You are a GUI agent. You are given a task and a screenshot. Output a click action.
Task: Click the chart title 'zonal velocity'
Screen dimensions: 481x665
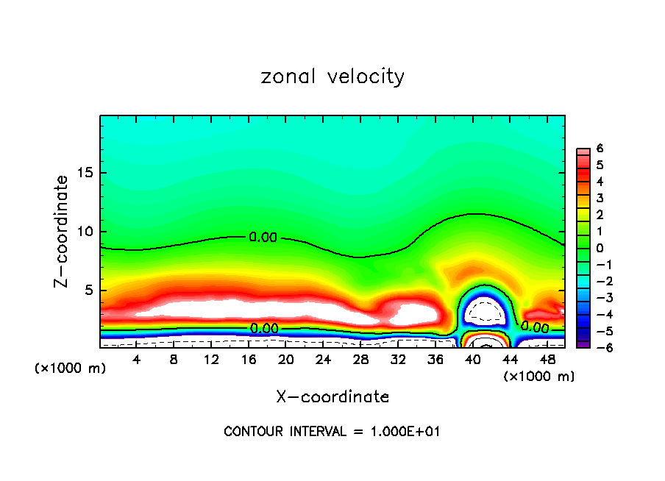coord(332,76)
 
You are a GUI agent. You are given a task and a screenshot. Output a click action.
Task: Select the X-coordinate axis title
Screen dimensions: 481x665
coord(332,397)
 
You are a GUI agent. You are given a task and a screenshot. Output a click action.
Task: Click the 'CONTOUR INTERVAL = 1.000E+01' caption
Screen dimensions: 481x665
coord(332,432)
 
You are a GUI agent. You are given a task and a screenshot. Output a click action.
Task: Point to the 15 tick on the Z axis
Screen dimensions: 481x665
coord(86,174)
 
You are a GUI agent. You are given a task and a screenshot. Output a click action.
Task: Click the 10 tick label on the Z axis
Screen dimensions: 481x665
coord(86,232)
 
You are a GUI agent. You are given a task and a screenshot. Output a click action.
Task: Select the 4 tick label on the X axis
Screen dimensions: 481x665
coord(137,360)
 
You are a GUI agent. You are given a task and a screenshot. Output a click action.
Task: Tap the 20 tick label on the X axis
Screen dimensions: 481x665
coord(286,360)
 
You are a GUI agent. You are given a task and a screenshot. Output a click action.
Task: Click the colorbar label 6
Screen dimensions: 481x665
coord(600,149)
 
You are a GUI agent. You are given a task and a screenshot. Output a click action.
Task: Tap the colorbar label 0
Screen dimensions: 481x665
coord(600,248)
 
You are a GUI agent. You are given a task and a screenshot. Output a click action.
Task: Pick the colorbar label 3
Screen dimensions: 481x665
coord(600,198)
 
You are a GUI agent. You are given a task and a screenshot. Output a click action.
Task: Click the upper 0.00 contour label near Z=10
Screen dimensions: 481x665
coord(263,238)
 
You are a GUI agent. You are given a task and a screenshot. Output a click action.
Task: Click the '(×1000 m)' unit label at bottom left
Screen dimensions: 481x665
coord(71,368)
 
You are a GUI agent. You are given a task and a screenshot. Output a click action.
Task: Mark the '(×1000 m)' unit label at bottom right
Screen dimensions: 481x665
coord(539,377)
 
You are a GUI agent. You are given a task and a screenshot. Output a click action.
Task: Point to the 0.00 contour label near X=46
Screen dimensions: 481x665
coord(535,327)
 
